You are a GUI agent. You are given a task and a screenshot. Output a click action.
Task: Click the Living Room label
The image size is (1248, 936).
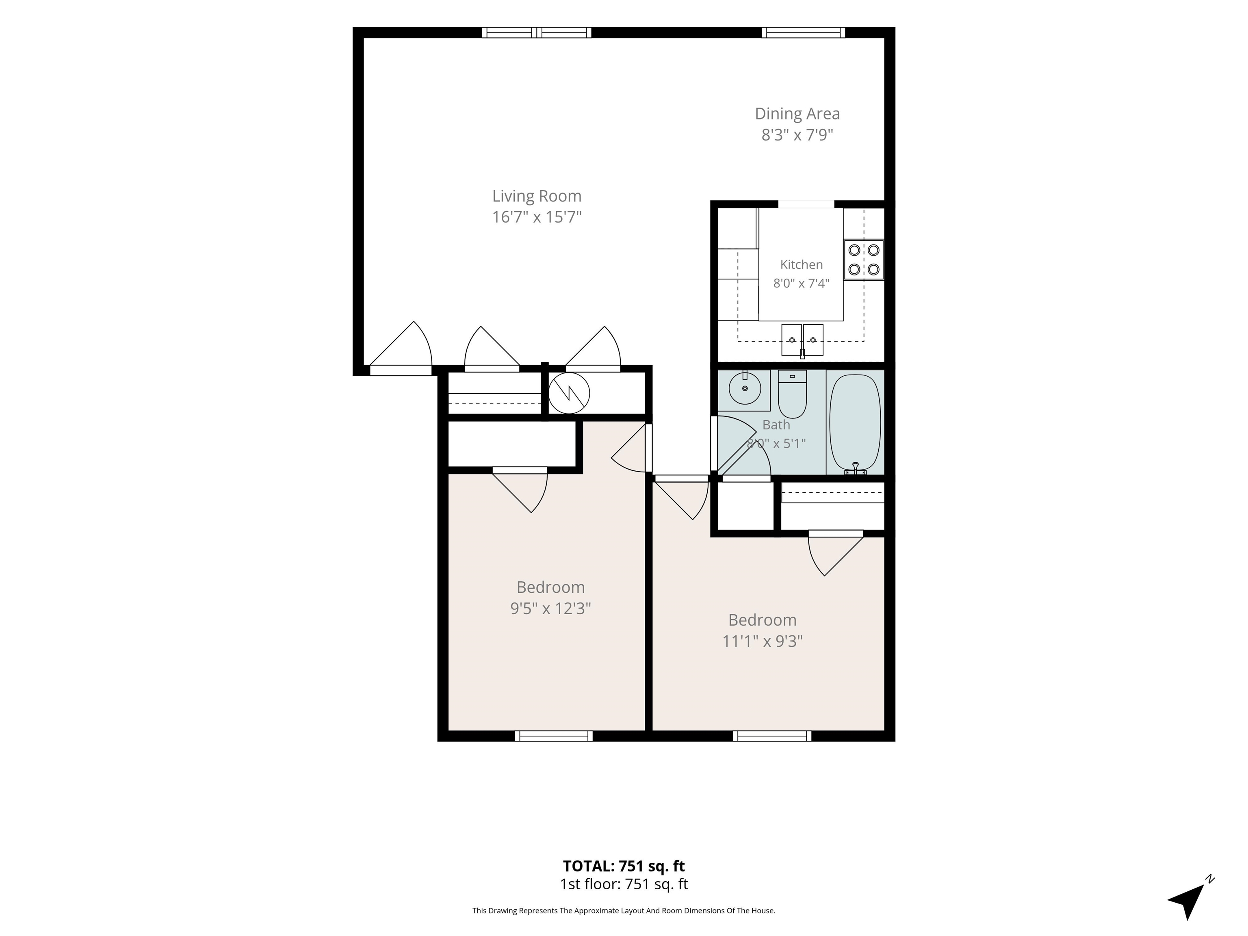[x=537, y=196]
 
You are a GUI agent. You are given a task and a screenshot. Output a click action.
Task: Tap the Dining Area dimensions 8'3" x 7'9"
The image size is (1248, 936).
[x=797, y=135]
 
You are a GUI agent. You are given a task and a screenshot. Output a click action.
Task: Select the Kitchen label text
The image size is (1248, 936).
[x=801, y=264]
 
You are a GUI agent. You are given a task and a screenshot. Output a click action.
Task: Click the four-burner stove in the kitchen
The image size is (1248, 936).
[x=864, y=260]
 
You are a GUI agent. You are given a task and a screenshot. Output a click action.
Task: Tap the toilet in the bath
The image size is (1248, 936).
[x=792, y=394]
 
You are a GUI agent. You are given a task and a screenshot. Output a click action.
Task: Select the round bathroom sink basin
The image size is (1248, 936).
[x=745, y=388]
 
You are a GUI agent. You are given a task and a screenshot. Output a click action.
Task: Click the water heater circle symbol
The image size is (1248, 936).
[x=569, y=393]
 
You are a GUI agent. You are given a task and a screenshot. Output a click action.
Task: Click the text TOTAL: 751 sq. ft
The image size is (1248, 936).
[x=624, y=866]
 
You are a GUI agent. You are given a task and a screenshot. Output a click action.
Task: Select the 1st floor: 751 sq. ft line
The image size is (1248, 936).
[x=624, y=884]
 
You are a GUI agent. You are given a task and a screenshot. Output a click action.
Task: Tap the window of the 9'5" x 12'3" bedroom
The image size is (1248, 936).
[x=553, y=736]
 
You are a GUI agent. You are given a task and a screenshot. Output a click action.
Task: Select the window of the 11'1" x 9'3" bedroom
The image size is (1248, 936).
[x=772, y=736]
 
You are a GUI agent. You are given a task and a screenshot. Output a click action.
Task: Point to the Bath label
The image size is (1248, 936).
[x=776, y=425]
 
